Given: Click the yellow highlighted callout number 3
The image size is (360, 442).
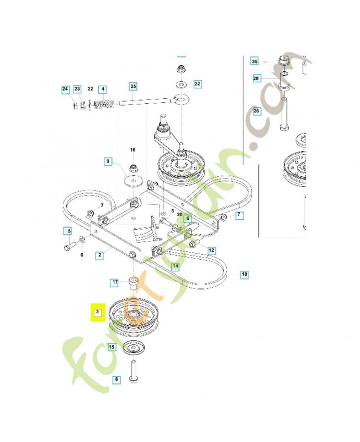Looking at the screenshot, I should pyautogui.click(x=97, y=312).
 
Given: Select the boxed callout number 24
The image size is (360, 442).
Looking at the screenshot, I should pyautogui.click(x=65, y=90).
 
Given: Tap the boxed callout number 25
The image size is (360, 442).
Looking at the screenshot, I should pyautogui.click(x=133, y=87).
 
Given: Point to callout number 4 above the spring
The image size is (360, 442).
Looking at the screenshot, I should pyautogui.click(x=102, y=90).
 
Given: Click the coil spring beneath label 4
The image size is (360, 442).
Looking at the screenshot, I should pyautogui.click(x=103, y=104).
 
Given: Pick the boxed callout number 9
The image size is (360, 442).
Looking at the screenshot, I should pyautogui.click(x=108, y=162).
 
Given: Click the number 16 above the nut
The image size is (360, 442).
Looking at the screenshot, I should pyautogui.click(x=133, y=150).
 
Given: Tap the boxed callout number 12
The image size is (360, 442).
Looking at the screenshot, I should pyautogui.click(x=211, y=250).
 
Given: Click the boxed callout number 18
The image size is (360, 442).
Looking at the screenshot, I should pyautogui.click(x=244, y=274).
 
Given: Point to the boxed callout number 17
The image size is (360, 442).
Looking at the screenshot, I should pyautogui.click(x=115, y=283).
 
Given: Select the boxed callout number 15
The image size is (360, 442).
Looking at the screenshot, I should pyautogui.click(x=112, y=347).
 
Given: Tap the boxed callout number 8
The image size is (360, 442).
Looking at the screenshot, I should pyautogui.click(x=116, y=380).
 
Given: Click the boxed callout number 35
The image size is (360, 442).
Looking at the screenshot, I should pyautogui.click(x=255, y=61).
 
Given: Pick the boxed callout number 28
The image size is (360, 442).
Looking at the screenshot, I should pyautogui.click(x=256, y=78).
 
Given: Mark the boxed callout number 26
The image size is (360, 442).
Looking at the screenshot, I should pyautogui.click(x=256, y=111).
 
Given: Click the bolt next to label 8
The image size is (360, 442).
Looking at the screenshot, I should pyautogui.click(x=134, y=370).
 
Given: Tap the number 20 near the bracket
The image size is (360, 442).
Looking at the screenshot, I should pyautogui.click(x=179, y=214).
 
